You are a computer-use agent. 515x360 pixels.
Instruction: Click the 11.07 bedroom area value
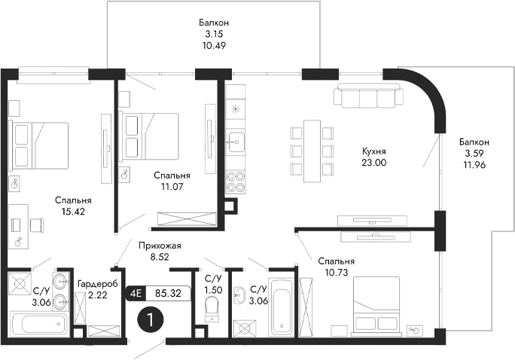click(171, 188)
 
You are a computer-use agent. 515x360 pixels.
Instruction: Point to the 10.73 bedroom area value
click(335, 273)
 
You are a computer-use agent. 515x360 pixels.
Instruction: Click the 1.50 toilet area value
click(214, 290)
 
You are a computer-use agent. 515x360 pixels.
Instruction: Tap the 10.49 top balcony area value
click(215, 45)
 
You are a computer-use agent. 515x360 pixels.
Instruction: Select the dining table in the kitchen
click(310, 150)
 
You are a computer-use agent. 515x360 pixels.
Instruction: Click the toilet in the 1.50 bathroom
click(212, 307)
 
